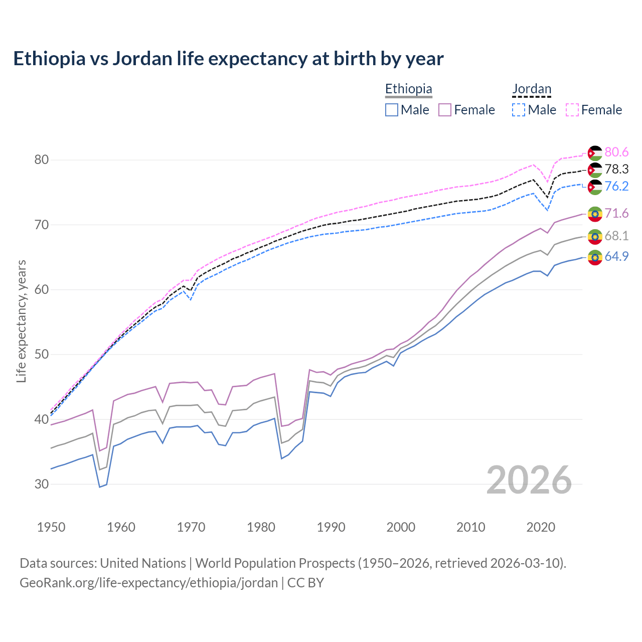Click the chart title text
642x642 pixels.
coord(228,59)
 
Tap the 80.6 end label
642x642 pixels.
coord(616,152)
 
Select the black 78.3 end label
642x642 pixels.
coord(616,169)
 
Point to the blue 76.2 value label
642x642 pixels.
coord(616,186)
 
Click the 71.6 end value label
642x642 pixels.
coord(616,213)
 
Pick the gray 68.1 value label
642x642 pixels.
coord(616,236)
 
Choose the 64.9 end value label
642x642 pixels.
coord(616,256)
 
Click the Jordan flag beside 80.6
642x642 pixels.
coord(595,153)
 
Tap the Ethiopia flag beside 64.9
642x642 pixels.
coord(595,257)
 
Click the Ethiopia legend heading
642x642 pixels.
coord(408,89)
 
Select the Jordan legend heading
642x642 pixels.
coord(532,89)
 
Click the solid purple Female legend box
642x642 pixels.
coord(445,110)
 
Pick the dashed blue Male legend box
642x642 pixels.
coord(519,110)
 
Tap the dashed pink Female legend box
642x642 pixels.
coord(572,110)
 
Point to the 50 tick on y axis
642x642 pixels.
coord(42,355)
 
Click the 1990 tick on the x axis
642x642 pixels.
coord(331,527)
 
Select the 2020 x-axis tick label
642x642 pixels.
coord(541,527)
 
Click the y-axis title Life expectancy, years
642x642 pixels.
coord(22,321)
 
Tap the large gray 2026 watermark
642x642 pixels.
coord(529,480)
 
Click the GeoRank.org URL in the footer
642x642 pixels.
coord(148,583)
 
